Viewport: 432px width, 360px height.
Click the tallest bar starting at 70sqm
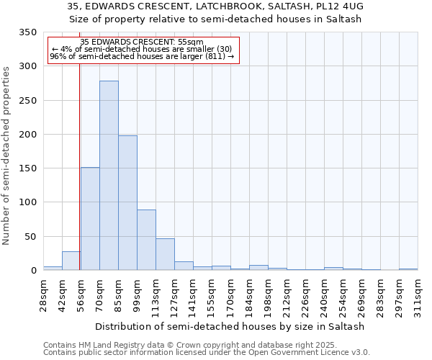click(x=109, y=176)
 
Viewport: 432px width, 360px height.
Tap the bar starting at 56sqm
click(x=90, y=219)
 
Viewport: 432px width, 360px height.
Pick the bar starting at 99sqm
click(x=146, y=240)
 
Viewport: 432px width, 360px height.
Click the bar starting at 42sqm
click(x=71, y=261)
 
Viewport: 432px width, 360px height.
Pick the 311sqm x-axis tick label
click(x=418, y=296)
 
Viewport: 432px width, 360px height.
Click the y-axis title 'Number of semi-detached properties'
click(x=7, y=155)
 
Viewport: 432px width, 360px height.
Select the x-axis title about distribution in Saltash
click(x=230, y=326)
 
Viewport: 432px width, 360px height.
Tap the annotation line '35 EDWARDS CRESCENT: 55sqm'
click(x=142, y=42)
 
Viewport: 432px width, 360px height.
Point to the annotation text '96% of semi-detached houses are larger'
click(x=142, y=56)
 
